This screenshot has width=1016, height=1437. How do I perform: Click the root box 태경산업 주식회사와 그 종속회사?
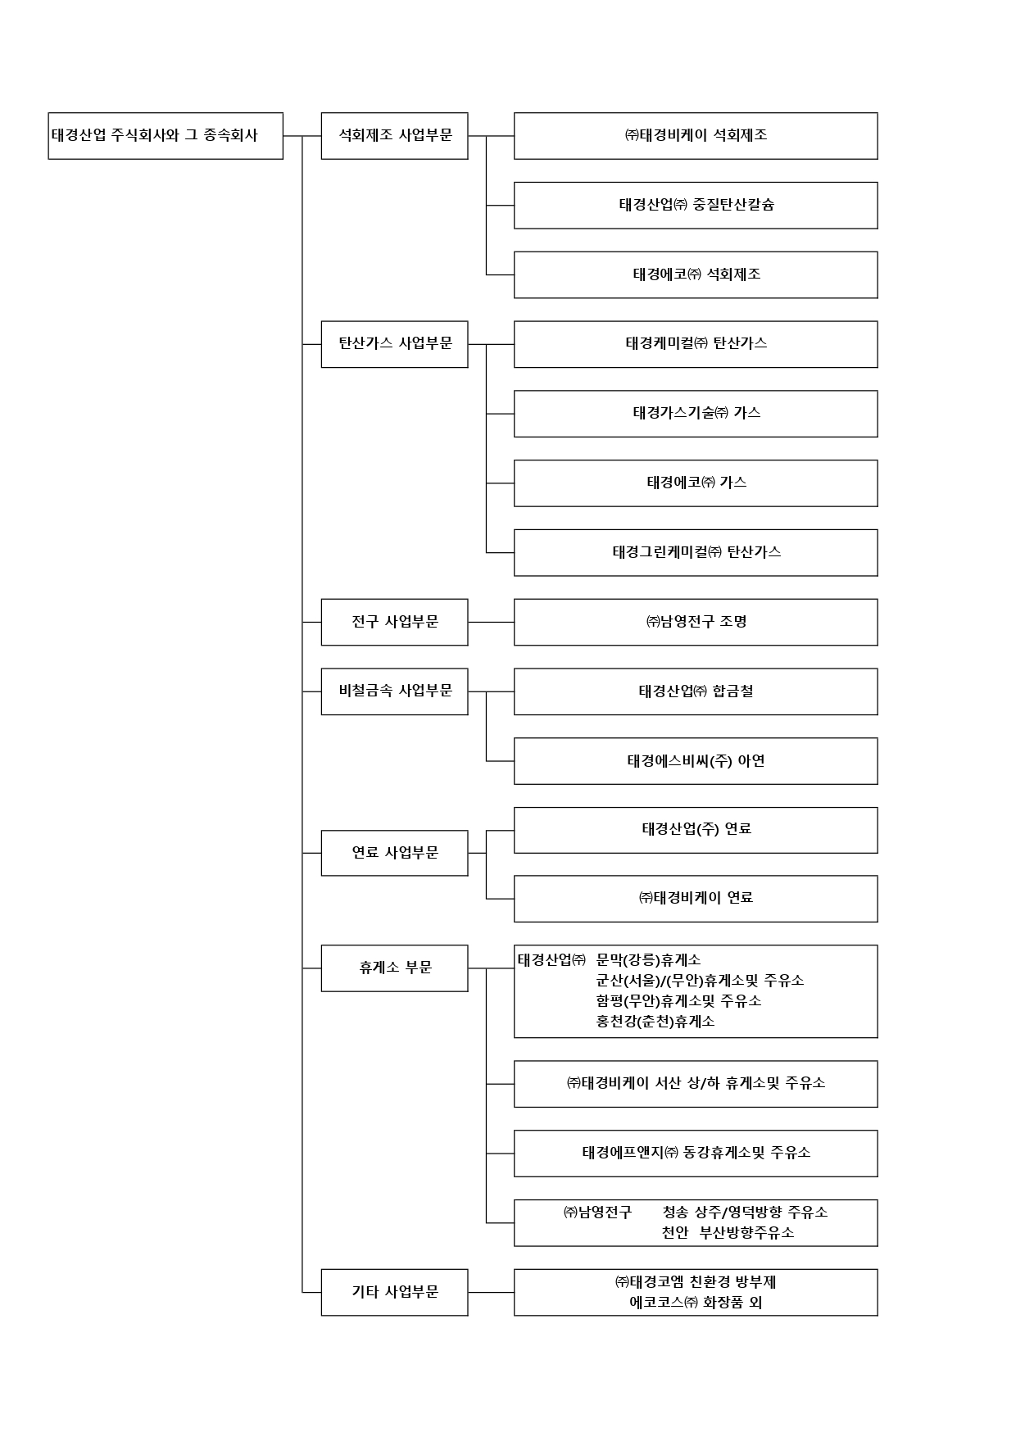click(166, 136)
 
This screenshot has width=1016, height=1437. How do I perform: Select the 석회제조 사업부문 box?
click(394, 136)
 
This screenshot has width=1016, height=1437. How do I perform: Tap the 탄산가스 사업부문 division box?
click(394, 344)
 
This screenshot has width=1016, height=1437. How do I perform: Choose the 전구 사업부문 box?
click(394, 622)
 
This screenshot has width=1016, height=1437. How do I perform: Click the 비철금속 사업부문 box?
click(394, 691)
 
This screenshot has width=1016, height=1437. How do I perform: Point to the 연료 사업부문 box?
click(394, 853)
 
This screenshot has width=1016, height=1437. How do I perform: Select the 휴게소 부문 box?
click(394, 968)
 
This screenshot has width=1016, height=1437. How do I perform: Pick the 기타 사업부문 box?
click(394, 1292)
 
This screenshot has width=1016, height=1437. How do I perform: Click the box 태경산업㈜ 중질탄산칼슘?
click(696, 205)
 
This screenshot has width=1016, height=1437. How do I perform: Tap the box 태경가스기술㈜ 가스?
click(696, 414)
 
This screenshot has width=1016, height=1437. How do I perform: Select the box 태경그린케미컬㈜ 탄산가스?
click(696, 552)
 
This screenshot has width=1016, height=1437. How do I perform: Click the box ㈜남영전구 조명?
click(696, 622)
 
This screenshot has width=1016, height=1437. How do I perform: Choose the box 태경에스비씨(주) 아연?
click(696, 761)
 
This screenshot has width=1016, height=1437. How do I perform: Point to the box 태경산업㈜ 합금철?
click(696, 691)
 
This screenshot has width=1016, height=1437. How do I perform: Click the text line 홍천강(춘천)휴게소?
click(655, 1022)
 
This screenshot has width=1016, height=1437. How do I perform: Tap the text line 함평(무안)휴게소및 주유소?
click(678, 1001)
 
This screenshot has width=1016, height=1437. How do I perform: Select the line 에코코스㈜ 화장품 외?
click(696, 1303)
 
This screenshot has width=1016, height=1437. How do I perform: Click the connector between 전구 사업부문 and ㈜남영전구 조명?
click(491, 622)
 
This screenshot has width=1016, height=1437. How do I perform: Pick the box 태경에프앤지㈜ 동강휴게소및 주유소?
click(696, 1154)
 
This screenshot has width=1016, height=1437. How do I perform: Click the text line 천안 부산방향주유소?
click(728, 1233)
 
